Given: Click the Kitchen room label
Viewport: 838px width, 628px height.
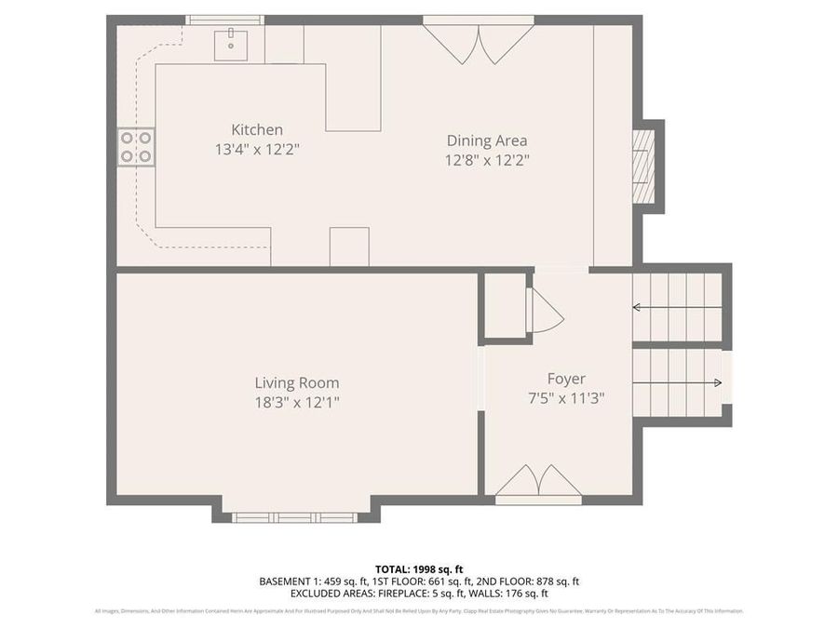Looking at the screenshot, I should coord(257,130).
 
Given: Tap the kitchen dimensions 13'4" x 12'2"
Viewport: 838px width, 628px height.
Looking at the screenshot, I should coord(257,148).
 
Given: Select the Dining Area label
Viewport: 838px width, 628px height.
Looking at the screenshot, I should coord(486,141).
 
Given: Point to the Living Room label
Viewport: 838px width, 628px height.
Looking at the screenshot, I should coord(297,382).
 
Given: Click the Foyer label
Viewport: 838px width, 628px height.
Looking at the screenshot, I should coord(566,379).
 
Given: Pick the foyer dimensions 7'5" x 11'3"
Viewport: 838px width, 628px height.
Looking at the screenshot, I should coord(566,397).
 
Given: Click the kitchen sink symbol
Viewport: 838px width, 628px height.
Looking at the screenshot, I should coord(230,44).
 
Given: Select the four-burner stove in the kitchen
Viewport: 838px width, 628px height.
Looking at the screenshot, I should coord(136,147).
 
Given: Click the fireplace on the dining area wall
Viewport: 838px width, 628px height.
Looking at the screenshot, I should coord(643,167).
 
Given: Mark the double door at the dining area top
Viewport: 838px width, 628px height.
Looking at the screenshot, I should coord(479,41).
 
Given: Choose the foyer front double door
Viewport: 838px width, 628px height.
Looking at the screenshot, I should coord(538,482).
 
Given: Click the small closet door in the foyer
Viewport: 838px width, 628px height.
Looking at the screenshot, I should coord(545,310).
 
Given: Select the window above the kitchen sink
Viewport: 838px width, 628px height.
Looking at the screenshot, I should coord(224,20).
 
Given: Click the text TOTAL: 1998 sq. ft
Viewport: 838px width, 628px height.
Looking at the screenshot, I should coord(418,568).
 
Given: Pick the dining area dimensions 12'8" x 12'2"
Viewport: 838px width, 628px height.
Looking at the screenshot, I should coord(486,159).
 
